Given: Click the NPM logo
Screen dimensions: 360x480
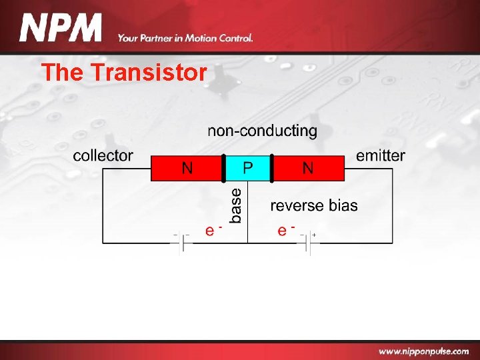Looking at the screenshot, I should [61, 29].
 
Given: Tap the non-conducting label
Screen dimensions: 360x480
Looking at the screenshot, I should [262, 131].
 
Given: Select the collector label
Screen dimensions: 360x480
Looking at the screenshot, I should [103, 156].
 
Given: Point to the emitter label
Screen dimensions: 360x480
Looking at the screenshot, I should [380, 156].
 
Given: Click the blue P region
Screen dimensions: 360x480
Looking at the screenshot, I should [247, 169].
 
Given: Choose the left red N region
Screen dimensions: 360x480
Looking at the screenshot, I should [187, 169].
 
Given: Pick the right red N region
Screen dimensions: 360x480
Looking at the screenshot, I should [307, 169].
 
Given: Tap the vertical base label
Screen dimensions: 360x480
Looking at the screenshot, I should [236, 205].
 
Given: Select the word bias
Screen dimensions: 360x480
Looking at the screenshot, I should [343, 205].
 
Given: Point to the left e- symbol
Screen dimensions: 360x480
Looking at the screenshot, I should [212, 230].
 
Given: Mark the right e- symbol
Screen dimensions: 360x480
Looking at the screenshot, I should [285, 230].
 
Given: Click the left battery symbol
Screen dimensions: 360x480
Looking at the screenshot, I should [181, 243].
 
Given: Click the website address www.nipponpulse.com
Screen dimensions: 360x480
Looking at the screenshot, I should [423, 351].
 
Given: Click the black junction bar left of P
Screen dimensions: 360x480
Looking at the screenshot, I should [223, 169].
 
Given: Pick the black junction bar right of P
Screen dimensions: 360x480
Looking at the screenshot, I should [271, 169].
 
